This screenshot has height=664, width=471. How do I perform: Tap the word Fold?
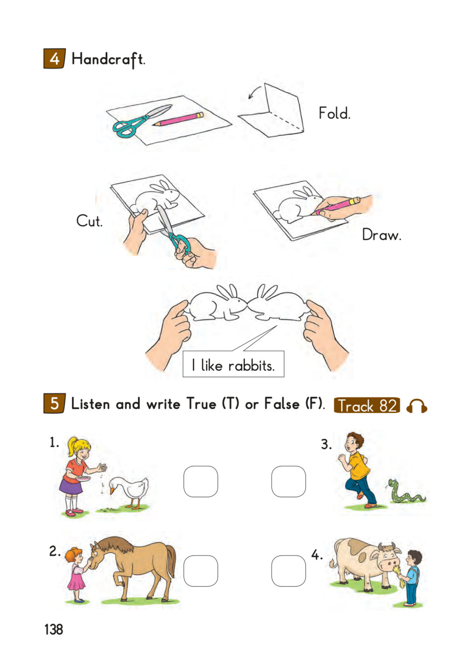(334, 113)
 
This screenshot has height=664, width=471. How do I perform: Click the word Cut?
(89, 221)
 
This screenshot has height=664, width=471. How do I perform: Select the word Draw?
(381, 234)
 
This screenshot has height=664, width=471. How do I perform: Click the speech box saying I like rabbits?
(233, 364)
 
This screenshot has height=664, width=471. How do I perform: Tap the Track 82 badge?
(367, 405)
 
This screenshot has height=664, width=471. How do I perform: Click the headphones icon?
(417, 406)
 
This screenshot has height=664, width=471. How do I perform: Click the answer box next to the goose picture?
(201, 482)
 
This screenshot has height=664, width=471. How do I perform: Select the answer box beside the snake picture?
(288, 482)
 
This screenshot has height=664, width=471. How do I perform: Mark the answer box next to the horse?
(201, 571)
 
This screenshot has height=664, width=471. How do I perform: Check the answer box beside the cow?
(288, 571)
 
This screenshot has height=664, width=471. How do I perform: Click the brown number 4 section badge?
(55, 58)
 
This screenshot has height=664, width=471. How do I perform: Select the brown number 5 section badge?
(55, 403)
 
